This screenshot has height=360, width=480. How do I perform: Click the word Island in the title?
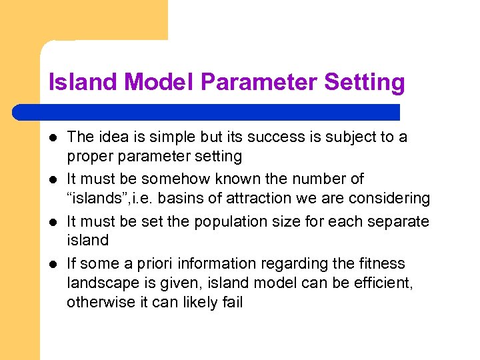click(x=85, y=82)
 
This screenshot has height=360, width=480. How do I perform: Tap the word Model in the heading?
click(x=160, y=82)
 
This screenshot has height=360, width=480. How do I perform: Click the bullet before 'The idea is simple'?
click(x=52, y=138)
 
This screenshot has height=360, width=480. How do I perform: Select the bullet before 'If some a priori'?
click(x=52, y=265)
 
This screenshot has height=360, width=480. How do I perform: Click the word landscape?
click(x=97, y=284)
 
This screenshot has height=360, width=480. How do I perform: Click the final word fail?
click(x=233, y=303)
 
